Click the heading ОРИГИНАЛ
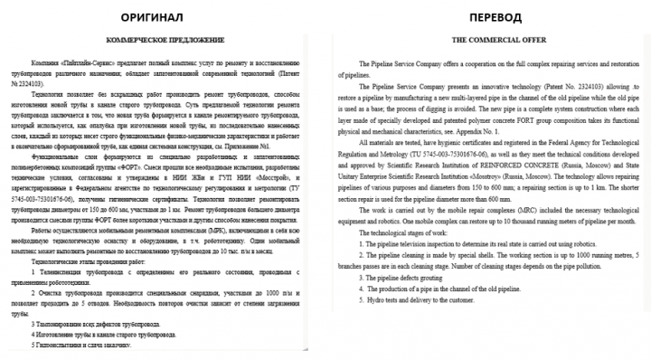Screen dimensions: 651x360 click(162, 17)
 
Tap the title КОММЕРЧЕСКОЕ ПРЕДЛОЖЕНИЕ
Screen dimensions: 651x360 click(165, 41)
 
